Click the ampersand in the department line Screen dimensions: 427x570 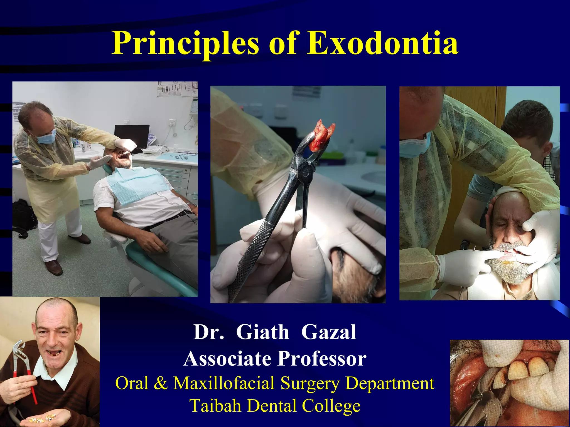click(x=160, y=383)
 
